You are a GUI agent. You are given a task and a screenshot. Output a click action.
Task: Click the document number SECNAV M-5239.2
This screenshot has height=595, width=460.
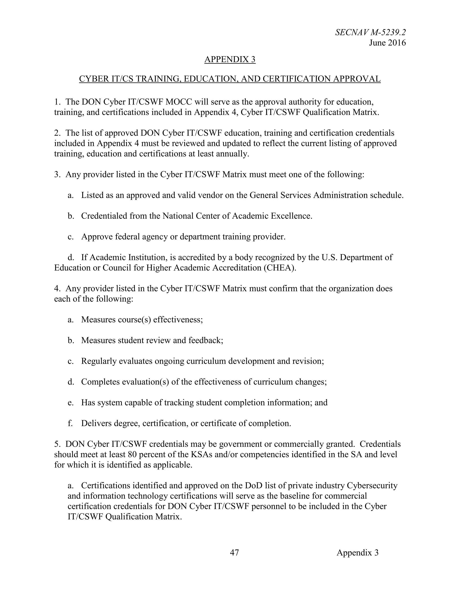(x=370, y=32)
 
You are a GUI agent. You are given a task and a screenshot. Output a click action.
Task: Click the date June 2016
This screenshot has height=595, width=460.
(x=387, y=43)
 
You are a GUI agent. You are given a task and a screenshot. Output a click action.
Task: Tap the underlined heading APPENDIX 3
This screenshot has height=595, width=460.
(x=230, y=59)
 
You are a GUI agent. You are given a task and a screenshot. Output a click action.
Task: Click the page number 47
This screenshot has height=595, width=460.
(x=234, y=552)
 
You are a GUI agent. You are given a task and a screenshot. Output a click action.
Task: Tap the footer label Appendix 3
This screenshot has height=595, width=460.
(x=357, y=552)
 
